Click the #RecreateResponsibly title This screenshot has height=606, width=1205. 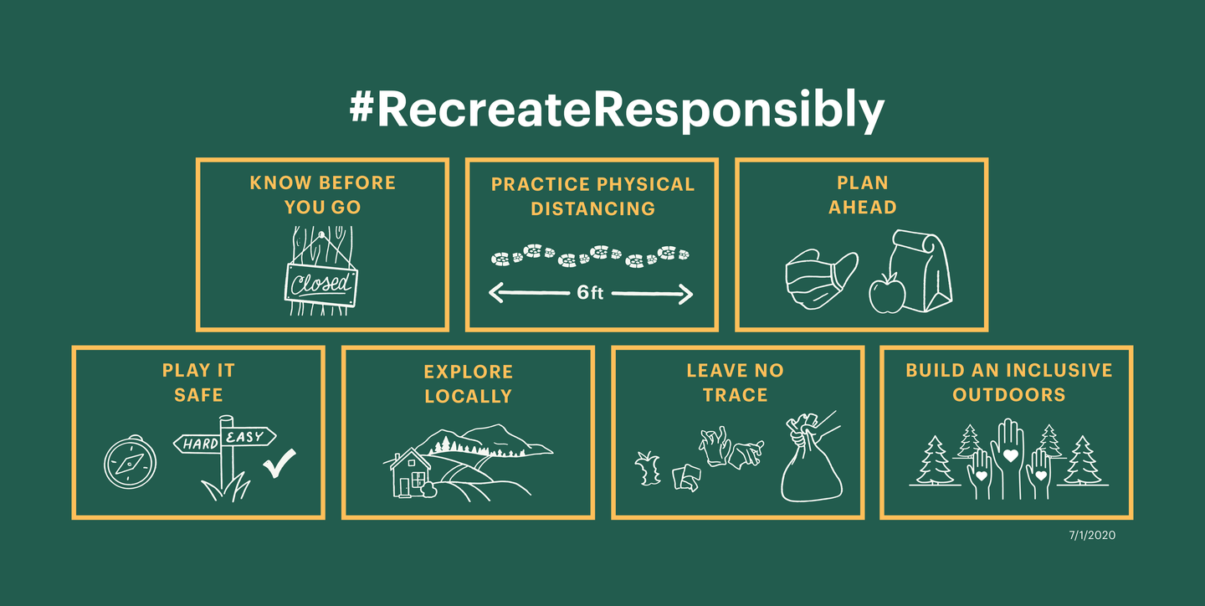point(617,110)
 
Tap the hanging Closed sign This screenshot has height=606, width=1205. point(321,285)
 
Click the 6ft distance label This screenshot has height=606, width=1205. point(590,293)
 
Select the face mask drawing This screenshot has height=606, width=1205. point(821,278)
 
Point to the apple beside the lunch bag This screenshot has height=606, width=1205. point(886,293)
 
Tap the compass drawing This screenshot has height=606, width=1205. point(131,462)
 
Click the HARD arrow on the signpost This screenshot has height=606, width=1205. point(197,444)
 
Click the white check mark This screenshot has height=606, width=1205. point(279,463)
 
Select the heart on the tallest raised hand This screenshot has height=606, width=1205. point(1010,455)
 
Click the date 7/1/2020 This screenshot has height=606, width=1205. point(1092,536)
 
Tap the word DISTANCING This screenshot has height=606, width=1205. point(592,208)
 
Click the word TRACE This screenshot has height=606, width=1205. point(736,395)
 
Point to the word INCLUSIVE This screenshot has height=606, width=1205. point(1059,370)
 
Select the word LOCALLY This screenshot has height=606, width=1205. point(468,396)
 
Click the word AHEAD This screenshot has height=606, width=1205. point(862,208)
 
